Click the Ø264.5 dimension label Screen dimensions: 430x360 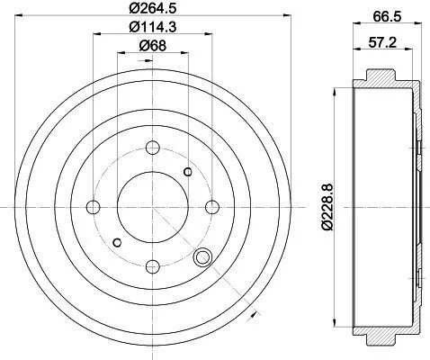pyautogui.click(x=152, y=8)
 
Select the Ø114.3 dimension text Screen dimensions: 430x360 pyautogui.click(x=152, y=27)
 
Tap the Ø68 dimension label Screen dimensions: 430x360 pyautogui.click(x=152, y=46)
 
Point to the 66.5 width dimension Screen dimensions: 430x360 pyautogui.click(x=387, y=16)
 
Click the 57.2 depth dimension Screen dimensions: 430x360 pyautogui.click(x=382, y=42)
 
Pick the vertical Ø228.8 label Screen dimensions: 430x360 pyautogui.click(x=327, y=207)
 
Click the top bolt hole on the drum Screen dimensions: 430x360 pyautogui.click(x=153, y=148)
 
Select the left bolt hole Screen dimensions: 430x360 pyautogui.click(x=93, y=207)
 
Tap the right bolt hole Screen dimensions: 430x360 pyautogui.click(x=212, y=207)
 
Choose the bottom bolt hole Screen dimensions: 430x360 pyautogui.click(x=153, y=266)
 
